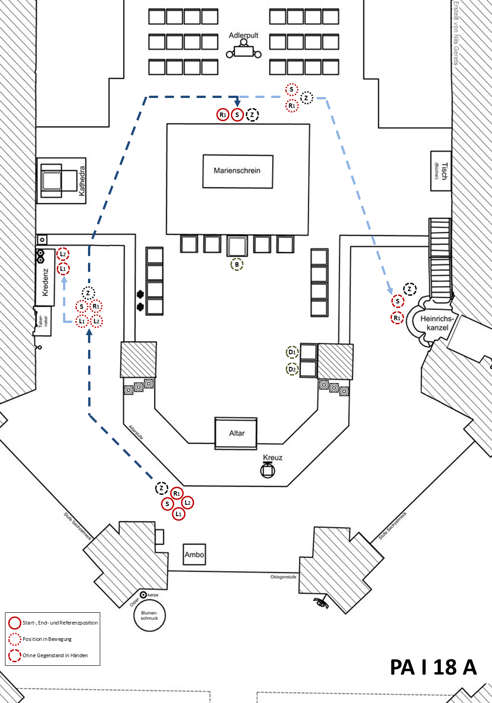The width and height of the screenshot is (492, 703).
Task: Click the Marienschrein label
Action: (237, 171)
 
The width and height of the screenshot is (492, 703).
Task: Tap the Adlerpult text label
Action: (244, 35)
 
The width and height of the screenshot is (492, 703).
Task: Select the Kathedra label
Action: (82, 181)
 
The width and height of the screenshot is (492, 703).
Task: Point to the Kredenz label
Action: (45, 282)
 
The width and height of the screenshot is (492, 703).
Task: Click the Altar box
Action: (236, 433)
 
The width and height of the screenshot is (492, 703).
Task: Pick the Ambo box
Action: (194, 554)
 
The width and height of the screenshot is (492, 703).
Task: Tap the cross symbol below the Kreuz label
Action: (268, 470)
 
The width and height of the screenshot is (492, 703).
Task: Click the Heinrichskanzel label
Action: (437, 323)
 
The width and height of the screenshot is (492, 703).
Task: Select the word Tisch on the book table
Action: (444, 171)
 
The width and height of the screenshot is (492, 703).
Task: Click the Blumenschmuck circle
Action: (149, 615)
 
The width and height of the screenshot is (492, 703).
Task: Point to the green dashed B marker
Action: (237, 264)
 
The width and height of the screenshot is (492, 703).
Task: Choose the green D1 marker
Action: (292, 352)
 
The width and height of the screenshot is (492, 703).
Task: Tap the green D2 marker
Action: (292, 369)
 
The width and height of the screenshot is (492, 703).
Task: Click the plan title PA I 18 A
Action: (433, 667)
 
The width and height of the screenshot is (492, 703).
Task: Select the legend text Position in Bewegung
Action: (47, 639)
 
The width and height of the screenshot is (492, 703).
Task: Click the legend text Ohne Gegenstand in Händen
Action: (55, 655)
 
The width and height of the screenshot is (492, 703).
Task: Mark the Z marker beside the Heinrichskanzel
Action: (409, 289)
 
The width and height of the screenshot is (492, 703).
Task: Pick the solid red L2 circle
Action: (187, 503)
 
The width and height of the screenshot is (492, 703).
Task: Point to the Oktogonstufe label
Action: (283, 577)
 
